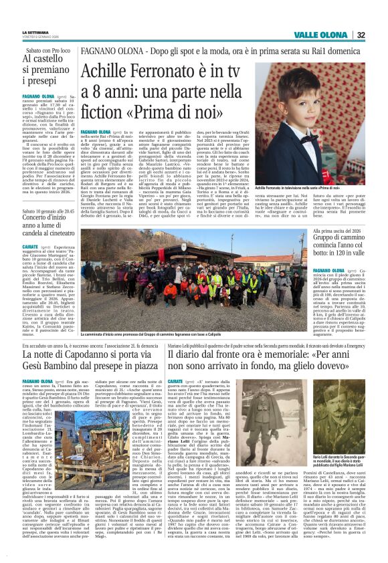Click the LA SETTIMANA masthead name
(x=35, y=32)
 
